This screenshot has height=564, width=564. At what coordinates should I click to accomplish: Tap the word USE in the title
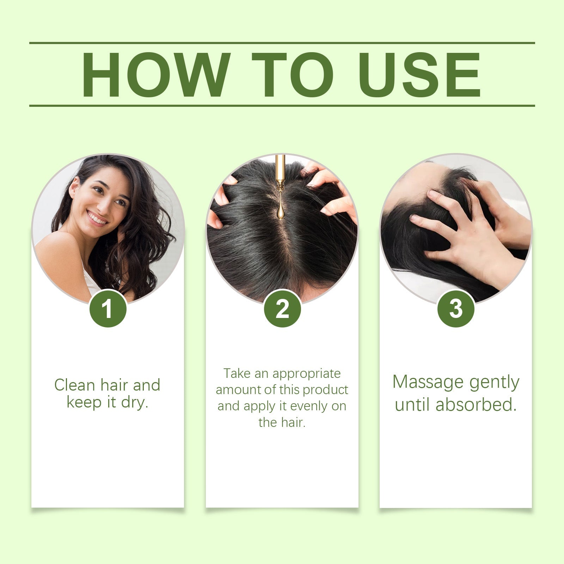coord(419,75)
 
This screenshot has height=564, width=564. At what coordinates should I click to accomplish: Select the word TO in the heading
coord(292,75)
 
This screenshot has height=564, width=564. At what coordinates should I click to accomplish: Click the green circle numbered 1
coord(108,309)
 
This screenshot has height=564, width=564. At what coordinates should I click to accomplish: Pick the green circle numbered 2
coord(282,309)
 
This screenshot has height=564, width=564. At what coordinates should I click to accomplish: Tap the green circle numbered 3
coord(456,309)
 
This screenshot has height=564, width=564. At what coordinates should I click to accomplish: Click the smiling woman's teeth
coord(97,218)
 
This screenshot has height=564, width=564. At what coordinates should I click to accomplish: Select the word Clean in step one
coord(75,385)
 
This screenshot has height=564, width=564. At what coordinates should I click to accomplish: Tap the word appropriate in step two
coord(306,374)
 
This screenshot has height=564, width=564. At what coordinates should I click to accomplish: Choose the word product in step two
coord(325,390)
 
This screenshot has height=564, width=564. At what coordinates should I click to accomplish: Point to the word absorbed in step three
coord(476,405)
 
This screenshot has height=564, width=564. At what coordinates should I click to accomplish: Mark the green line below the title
coord(282,105)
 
